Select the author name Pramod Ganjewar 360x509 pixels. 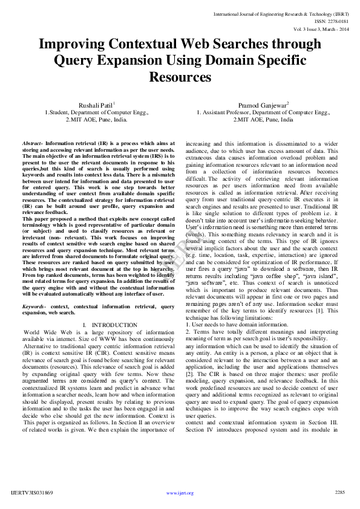point(262,105)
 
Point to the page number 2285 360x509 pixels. point(339,493)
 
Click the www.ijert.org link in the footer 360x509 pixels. point(180,493)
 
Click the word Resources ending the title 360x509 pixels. point(180,77)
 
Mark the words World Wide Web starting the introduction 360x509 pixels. point(45,332)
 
